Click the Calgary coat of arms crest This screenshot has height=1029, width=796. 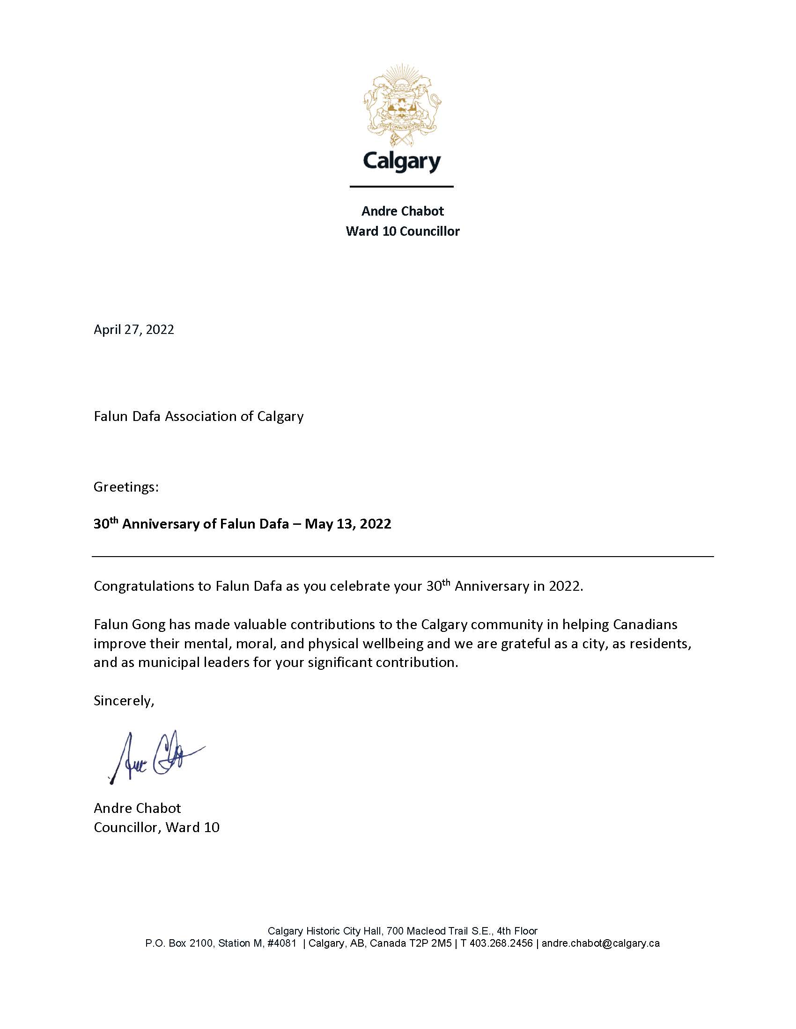coord(402,105)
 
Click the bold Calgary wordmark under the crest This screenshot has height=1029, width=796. coord(402,162)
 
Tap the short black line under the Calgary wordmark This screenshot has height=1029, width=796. coord(401,187)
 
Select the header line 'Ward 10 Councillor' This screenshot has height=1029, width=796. coord(402,232)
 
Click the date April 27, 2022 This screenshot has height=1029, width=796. coord(133,329)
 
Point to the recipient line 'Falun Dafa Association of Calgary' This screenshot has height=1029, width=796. coord(199,416)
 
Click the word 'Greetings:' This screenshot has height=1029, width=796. coord(126,487)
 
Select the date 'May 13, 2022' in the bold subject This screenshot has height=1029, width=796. coord(347,524)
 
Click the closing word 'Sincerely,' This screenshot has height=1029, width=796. coord(124,701)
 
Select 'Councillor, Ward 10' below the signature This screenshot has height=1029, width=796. coord(156,827)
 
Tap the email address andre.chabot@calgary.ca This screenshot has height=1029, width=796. coord(600,943)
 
